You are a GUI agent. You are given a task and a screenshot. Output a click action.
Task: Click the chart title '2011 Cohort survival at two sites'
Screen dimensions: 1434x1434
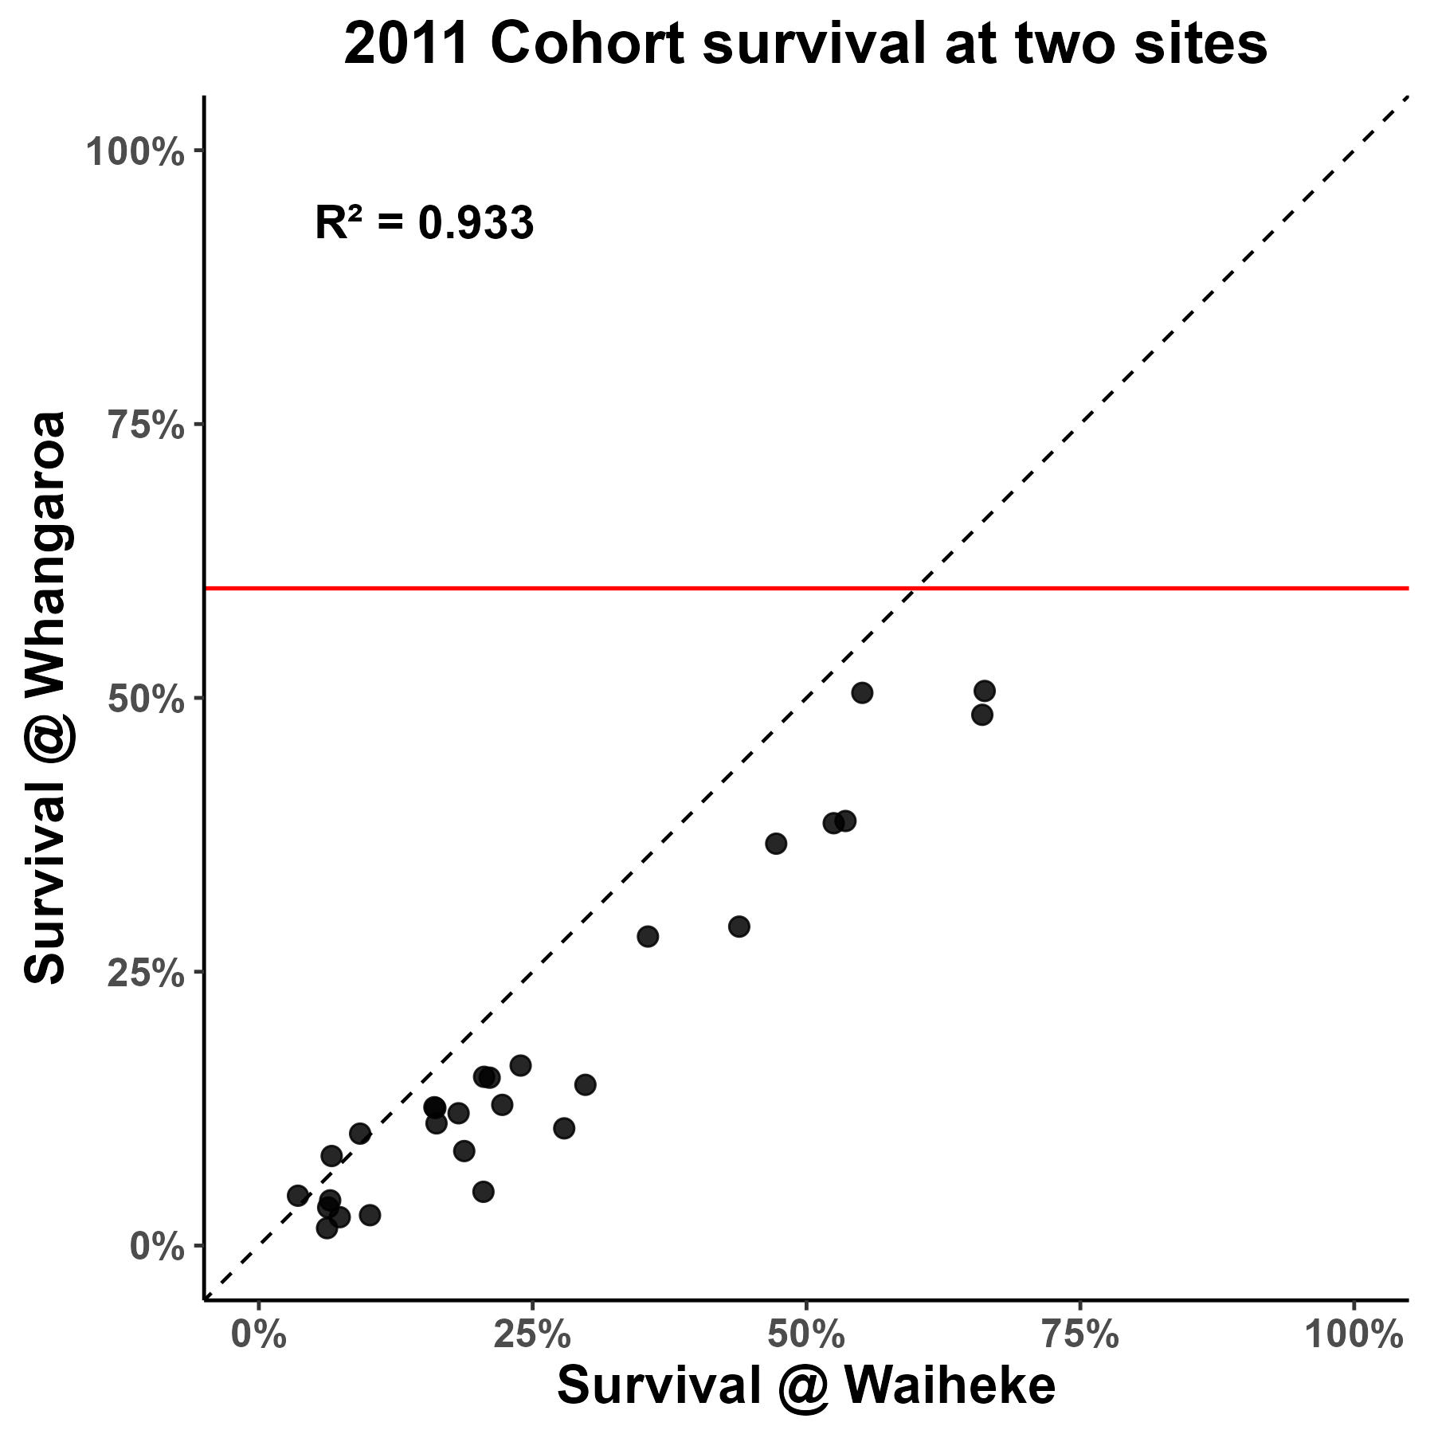805,45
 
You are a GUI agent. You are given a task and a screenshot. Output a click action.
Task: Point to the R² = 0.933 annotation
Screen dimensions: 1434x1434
424,223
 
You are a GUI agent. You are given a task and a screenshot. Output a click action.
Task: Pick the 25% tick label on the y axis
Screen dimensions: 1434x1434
146,973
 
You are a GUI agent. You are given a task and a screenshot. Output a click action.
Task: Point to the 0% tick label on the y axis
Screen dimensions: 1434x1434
157,1246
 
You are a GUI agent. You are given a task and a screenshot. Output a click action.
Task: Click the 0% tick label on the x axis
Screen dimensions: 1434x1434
259,1334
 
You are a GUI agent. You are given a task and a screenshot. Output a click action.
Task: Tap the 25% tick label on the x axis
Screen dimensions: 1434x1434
532,1334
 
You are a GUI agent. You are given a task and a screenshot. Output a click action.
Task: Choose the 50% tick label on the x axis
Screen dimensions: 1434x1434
806,1334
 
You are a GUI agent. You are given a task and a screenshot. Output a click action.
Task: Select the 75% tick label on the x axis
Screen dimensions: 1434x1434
1080,1334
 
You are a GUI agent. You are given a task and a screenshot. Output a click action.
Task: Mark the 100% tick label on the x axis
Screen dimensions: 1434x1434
1354,1334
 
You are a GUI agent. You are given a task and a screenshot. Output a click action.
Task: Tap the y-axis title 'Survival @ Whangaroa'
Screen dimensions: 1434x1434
45,698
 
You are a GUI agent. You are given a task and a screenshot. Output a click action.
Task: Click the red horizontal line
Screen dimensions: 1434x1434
558,589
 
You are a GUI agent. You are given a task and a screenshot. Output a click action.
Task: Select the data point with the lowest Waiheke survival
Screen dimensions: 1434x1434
298,1195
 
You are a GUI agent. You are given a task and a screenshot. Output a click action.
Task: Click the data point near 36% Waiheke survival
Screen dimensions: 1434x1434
648,936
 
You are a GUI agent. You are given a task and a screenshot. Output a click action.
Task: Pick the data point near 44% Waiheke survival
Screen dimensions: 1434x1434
739,927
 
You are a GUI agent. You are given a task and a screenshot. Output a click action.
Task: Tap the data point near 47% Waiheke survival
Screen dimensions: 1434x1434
776,843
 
